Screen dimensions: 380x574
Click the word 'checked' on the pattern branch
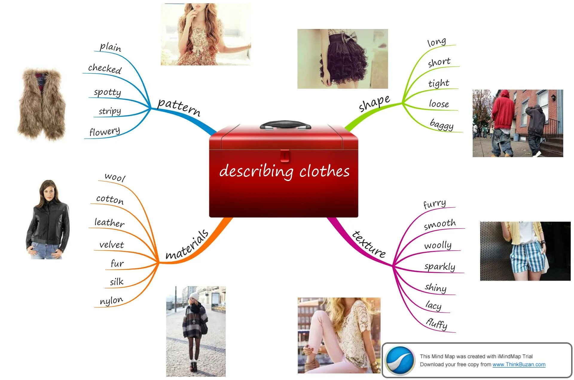coord(105,68)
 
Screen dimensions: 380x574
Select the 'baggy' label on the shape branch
coord(442,124)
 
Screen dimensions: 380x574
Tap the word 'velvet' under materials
coord(112,245)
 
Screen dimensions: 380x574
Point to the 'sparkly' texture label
coord(440,266)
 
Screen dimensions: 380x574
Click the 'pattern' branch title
coord(179,106)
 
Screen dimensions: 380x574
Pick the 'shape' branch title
coord(374,103)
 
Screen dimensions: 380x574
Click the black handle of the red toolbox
coord(285,124)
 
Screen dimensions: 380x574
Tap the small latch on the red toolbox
coord(285,156)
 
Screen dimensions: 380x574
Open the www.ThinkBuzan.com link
coord(519,364)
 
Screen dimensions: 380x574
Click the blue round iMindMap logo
coord(400,360)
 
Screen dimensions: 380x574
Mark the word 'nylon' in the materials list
coord(112,301)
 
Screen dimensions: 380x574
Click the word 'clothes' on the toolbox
coord(324,171)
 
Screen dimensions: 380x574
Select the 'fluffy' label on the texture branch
coord(437,324)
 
